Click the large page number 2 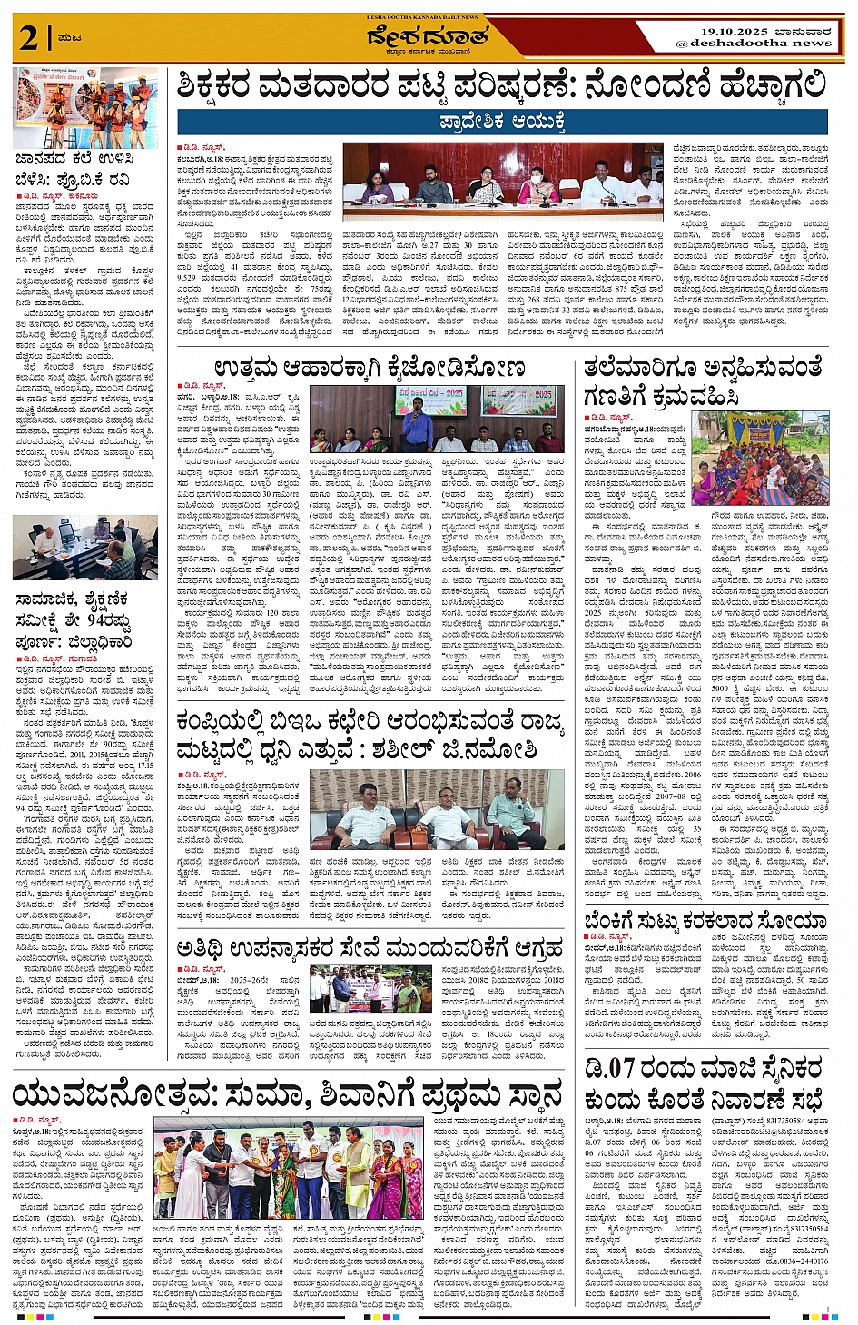(29, 38)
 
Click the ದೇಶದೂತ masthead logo (428, 35)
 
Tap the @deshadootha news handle (754, 43)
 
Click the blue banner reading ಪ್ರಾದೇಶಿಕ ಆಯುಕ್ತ (502, 122)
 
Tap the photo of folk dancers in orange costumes (85, 108)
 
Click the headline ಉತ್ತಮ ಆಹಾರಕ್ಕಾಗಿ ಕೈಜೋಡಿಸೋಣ (370, 369)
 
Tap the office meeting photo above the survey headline (73, 548)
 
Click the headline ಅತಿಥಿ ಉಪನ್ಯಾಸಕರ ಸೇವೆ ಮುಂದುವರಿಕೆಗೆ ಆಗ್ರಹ (370, 950)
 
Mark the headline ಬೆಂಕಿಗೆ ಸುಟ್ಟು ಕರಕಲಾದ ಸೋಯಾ (705, 921)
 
